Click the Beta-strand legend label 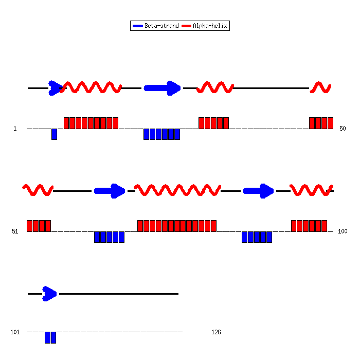tap(161, 26)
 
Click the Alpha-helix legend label tap(210, 26)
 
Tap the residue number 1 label tap(15, 129)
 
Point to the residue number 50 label tap(343, 129)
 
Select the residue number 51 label tap(15, 231)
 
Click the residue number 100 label tap(343, 231)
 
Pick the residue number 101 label tap(15, 332)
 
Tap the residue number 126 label tap(216, 332)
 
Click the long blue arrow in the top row tap(162, 88)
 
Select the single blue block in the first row tap(54, 134)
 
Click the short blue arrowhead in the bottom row tap(49, 294)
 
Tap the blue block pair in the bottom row tap(50, 337)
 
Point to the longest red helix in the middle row tap(177, 190)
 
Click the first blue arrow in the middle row tap(110, 191)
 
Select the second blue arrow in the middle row tap(258, 191)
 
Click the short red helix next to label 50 tap(320, 87)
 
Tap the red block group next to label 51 tap(39, 226)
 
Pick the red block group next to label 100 tap(309, 226)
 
